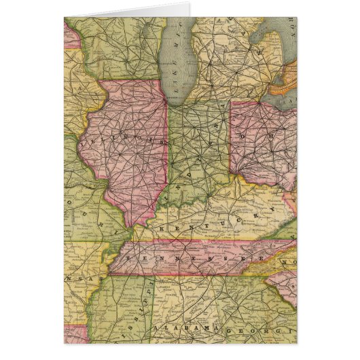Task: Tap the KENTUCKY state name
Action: (204, 228)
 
